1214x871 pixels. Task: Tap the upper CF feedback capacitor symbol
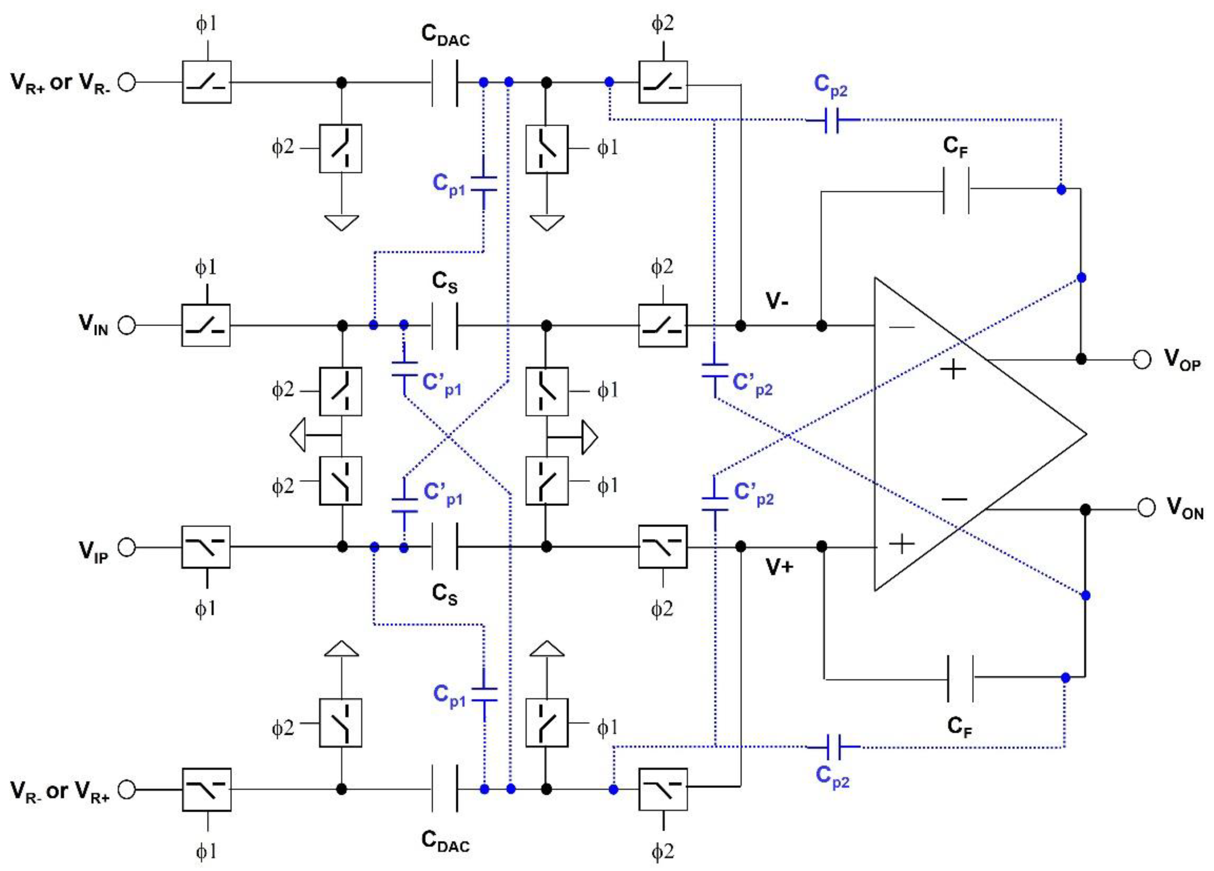coord(956,190)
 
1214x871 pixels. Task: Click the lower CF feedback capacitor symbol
coord(960,678)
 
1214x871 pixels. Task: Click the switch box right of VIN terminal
coord(206,325)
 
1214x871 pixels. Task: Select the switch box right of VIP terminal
coord(206,547)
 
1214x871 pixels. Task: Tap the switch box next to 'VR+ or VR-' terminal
coord(207,82)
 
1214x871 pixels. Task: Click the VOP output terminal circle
coord(1142,360)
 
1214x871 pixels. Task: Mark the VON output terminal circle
coord(1146,508)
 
